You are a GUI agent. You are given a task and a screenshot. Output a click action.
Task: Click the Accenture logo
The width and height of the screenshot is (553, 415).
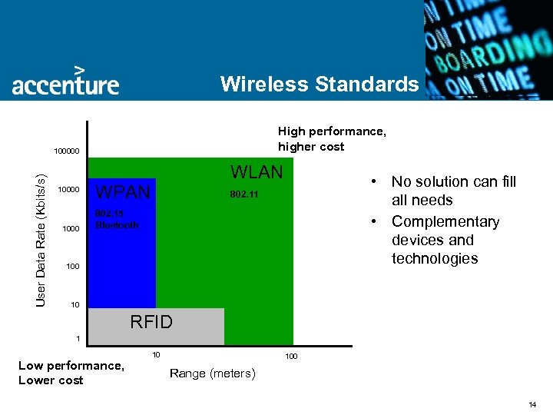[x=65, y=81]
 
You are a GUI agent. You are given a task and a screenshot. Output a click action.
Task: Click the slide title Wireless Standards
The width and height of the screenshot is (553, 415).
[x=319, y=84]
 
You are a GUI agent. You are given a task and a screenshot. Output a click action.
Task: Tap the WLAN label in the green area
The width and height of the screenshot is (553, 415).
[x=257, y=171]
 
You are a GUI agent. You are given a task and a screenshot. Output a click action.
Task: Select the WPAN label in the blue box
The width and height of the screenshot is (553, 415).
[x=123, y=191]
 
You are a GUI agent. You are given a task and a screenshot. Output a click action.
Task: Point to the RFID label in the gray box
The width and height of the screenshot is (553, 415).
[x=151, y=322]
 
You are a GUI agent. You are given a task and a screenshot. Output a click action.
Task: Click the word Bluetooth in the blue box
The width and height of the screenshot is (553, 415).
[x=117, y=225]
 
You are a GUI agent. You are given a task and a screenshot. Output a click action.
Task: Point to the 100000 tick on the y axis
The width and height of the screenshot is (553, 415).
[x=66, y=151]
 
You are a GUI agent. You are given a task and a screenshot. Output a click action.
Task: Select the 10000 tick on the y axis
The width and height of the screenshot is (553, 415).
[x=68, y=190]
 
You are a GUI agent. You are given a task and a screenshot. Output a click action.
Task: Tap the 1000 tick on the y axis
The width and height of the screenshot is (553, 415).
[x=71, y=228]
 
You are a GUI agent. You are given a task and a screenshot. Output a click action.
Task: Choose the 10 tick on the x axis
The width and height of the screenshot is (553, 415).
[x=156, y=354]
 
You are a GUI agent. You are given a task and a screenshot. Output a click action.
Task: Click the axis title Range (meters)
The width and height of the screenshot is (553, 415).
[x=213, y=373]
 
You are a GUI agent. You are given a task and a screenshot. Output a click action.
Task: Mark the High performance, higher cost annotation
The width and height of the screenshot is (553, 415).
[x=331, y=139]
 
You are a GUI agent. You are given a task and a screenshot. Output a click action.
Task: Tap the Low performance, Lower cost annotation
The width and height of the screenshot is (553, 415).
[x=71, y=373]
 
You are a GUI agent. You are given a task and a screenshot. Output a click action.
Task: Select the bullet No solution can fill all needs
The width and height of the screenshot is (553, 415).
[x=453, y=191]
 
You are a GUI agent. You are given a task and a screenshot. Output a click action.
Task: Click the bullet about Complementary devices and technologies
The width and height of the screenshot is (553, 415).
[x=445, y=240]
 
